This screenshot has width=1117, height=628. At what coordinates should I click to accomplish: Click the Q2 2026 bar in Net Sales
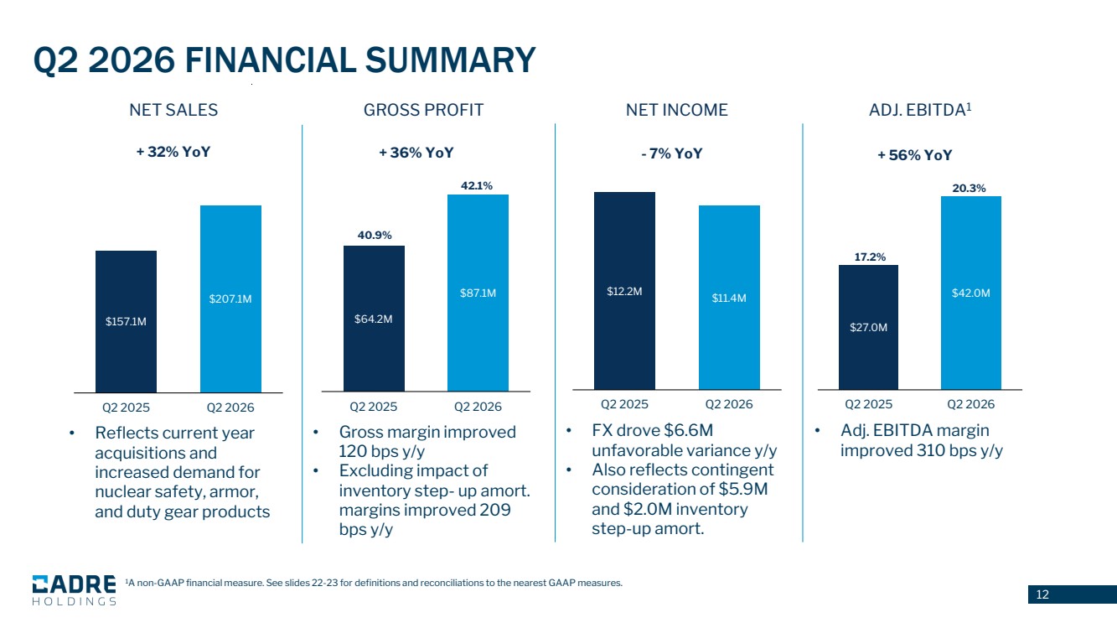(x=231, y=298)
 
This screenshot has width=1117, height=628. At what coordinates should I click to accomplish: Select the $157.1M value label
(x=126, y=322)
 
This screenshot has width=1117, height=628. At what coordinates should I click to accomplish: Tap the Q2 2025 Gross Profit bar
(x=374, y=319)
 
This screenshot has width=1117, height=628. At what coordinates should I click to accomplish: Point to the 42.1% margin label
(x=477, y=186)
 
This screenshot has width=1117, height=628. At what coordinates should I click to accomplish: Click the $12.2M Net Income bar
(x=624, y=290)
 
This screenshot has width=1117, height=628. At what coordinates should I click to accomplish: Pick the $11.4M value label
(x=729, y=298)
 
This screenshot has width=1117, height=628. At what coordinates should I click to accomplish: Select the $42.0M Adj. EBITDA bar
(x=971, y=293)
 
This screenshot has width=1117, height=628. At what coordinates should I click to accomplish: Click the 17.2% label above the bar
(x=870, y=257)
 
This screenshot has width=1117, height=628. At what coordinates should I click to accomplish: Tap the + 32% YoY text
(x=173, y=152)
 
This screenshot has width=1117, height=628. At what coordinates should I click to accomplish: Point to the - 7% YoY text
(x=672, y=153)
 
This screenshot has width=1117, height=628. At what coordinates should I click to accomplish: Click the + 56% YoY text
(x=914, y=155)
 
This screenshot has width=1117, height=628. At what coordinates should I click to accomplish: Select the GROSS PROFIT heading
(x=423, y=110)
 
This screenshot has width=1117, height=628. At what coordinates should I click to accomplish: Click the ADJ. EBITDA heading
(x=920, y=109)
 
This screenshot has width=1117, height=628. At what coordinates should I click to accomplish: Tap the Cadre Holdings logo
(x=75, y=590)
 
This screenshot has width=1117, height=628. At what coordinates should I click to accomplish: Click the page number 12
(x=1042, y=594)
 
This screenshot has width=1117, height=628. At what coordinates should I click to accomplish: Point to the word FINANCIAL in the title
(x=271, y=60)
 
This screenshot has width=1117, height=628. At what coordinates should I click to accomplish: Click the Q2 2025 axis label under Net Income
(x=624, y=404)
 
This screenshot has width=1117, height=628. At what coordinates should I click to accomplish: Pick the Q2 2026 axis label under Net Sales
(x=230, y=407)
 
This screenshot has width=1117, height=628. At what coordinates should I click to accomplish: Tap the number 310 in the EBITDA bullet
(x=931, y=450)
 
